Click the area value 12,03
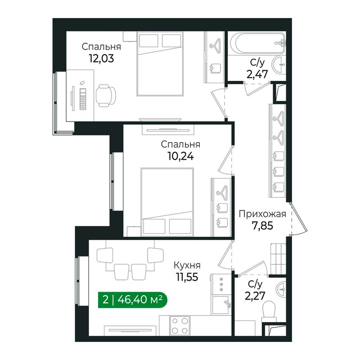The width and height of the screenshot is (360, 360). pos(101,59)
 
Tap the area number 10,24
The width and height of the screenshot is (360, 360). pos(181,156)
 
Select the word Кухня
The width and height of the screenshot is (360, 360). pos(187,265)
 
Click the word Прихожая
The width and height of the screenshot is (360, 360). pos(262,214)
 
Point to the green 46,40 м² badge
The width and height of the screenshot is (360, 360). pos(133,300)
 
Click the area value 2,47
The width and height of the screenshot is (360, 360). pos(257,74)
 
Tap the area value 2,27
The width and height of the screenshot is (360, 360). pos(255,296)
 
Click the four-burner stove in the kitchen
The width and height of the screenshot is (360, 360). pos(180,325)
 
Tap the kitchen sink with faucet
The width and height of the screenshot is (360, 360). pos(221,305)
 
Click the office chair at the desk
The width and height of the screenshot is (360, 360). pos(105,95)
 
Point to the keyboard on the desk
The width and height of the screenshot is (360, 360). pos(83,99)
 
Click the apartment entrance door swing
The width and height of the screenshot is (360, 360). pos(298,219)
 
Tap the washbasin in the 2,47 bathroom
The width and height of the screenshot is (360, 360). pos(279,65)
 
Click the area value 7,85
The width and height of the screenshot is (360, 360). pos(262,226)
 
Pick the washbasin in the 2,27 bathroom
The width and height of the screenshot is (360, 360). pos(282,289)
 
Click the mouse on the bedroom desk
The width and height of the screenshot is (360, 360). pos(81,83)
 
